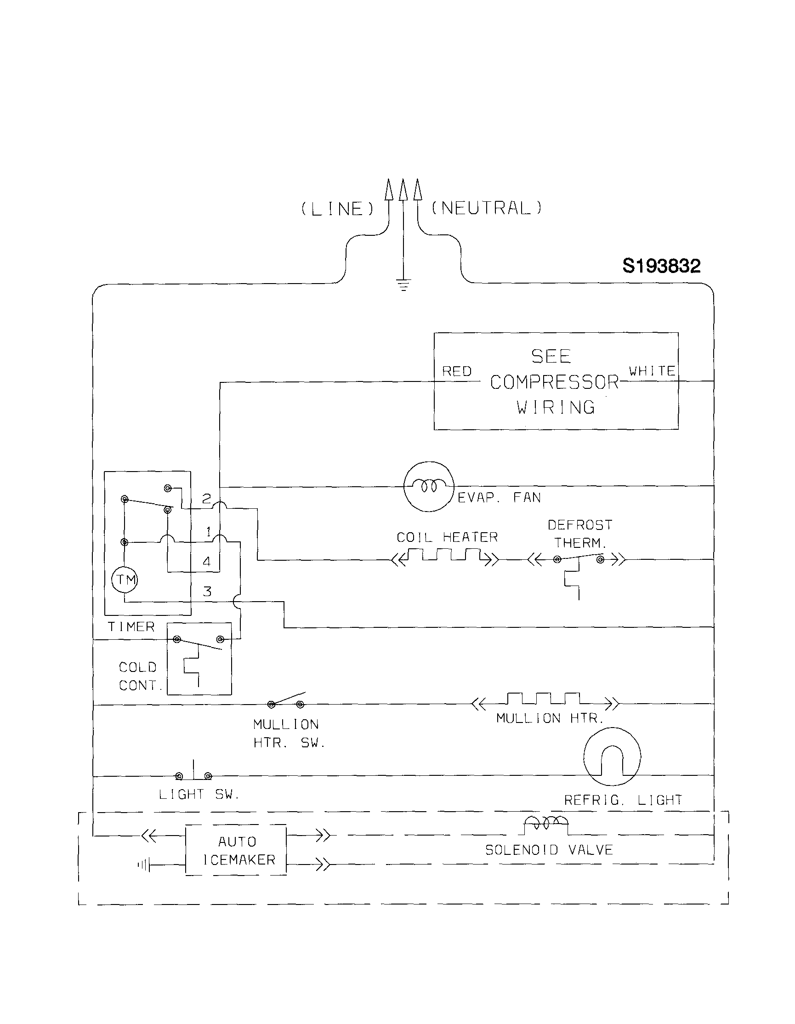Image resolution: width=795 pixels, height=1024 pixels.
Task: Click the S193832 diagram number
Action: (661, 266)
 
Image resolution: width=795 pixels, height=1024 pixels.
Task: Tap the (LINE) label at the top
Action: (337, 209)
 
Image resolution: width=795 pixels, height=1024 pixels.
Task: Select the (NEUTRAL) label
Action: (486, 208)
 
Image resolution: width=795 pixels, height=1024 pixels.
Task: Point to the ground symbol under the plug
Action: (403, 284)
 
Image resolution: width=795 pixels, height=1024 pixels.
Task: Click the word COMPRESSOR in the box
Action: (555, 382)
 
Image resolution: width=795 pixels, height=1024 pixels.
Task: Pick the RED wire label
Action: (457, 371)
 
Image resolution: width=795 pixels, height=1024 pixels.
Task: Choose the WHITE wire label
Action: (652, 371)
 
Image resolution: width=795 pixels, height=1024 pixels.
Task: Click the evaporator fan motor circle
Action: (429, 486)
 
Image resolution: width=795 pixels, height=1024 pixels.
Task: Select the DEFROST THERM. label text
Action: (580, 534)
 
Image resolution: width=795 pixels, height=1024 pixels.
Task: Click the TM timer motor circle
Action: (125, 580)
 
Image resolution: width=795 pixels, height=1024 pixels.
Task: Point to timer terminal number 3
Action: (207, 591)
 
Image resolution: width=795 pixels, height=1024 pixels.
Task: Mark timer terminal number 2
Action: (207, 498)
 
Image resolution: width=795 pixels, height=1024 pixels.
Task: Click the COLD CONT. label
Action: (139, 676)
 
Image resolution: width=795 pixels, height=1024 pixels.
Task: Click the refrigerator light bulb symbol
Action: (612, 756)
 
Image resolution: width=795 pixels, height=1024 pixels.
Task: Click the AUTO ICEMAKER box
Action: (236, 850)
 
